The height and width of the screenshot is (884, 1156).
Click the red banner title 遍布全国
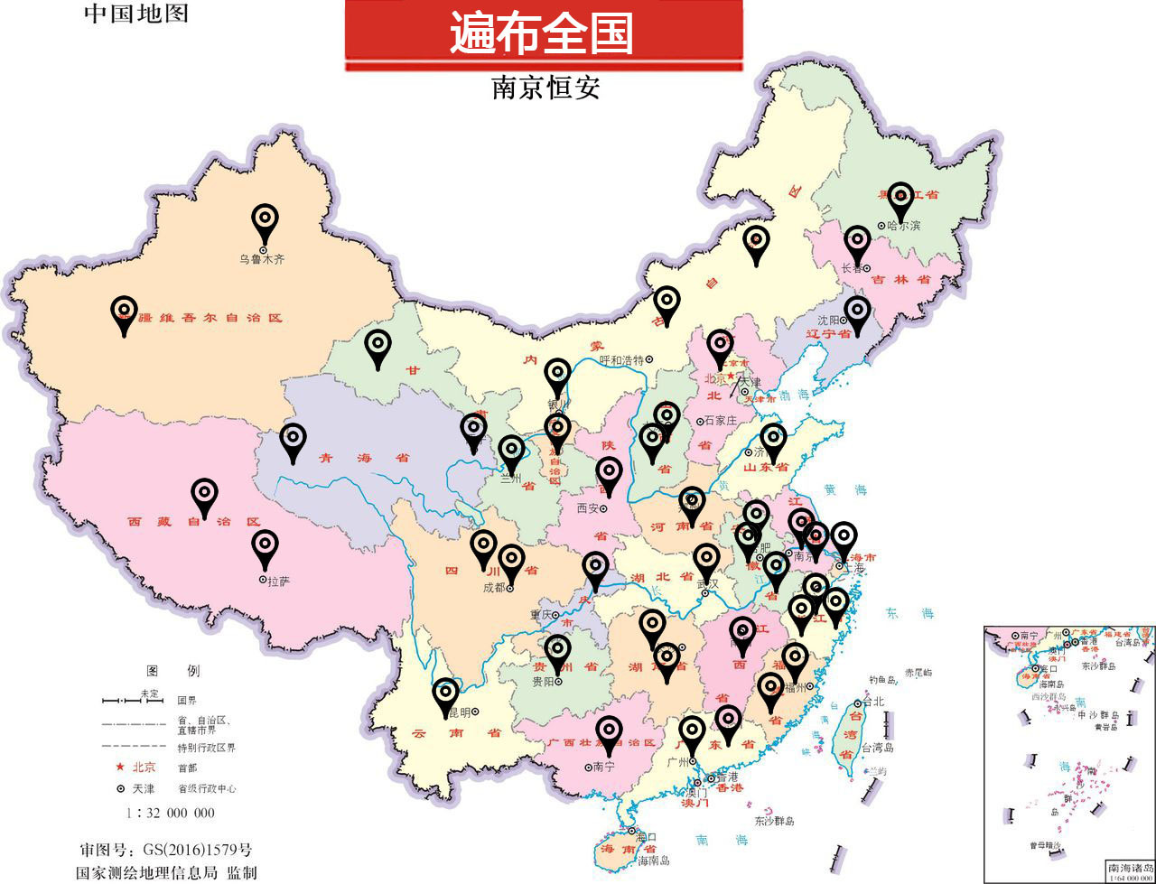click(542, 33)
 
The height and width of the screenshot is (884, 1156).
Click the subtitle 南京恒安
click(545, 88)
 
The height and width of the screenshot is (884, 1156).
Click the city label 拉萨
click(279, 581)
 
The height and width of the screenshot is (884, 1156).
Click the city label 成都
click(493, 587)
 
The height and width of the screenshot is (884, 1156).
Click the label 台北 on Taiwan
click(874, 702)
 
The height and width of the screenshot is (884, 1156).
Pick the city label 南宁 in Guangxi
click(605, 767)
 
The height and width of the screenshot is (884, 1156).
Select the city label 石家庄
click(722, 421)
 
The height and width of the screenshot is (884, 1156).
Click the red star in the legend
click(119, 767)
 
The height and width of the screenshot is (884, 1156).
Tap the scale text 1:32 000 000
click(171, 813)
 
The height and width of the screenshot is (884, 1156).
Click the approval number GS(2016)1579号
click(165, 851)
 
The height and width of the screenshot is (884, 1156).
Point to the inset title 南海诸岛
click(1129, 867)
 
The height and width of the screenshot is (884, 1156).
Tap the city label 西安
click(588, 508)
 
